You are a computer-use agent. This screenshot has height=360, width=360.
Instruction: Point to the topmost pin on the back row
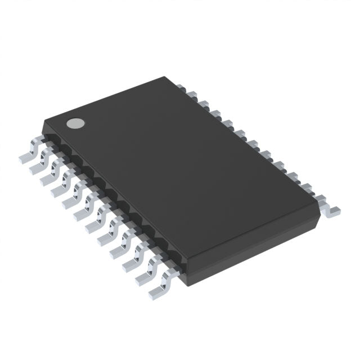point(181,87)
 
